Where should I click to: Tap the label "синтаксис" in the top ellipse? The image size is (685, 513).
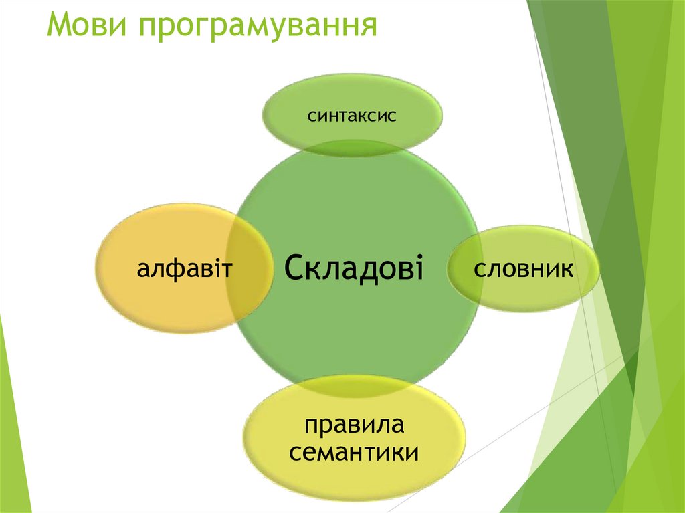(352, 116)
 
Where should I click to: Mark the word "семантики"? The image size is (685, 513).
(355, 452)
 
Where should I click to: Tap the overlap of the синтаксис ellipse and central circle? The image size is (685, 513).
(352, 146)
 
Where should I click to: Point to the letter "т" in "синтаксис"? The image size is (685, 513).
(348, 116)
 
